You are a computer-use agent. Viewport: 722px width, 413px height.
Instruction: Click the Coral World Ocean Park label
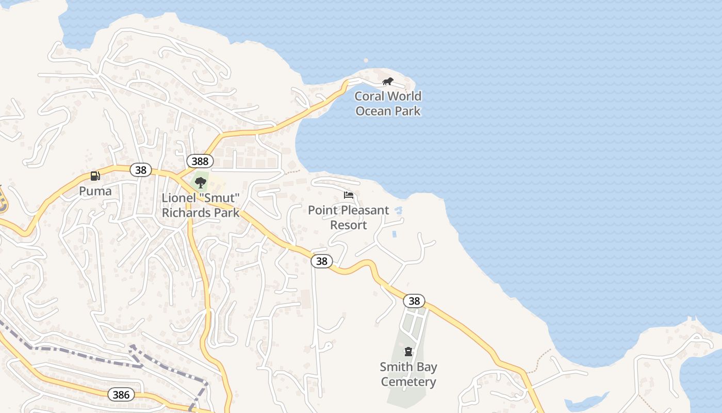pyautogui.click(x=388, y=103)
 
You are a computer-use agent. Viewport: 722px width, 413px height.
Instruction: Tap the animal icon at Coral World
pyautogui.click(x=388, y=81)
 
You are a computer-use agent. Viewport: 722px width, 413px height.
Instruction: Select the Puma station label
pyautogui.click(x=95, y=191)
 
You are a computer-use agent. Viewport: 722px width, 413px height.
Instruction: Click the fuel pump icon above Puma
pyautogui.click(x=95, y=176)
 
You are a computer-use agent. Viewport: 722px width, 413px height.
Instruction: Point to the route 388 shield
pyautogui.click(x=199, y=162)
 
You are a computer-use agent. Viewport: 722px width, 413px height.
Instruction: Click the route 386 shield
pyautogui.click(x=121, y=395)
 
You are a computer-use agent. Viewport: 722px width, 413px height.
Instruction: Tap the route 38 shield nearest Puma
pyautogui.click(x=140, y=169)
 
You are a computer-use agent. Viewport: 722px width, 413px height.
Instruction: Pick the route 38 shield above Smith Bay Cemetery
pyautogui.click(x=414, y=301)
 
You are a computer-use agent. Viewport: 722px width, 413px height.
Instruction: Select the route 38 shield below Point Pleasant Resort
pyautogui.click(x=321, y=261)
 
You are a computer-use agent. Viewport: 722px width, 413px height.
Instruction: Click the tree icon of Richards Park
pyautogui.click(x=200, y=182)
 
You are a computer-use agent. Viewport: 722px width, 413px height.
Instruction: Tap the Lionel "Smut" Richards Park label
pyautogui.click(x=201, y=205)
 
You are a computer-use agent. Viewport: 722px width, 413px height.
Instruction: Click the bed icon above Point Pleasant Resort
pyautogui.click(x=349, y=195)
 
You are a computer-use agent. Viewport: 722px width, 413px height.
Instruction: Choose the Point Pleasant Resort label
pyautogui.click(x=349, y=217)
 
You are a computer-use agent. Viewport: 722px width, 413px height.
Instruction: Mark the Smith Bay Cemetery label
pyautogui.click(x=408, y=374)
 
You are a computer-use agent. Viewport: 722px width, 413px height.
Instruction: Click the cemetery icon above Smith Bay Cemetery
pyautogui.click(x=408, y=352)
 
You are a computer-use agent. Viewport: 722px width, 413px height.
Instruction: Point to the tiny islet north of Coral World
pyautogui.click(x=366, y=60)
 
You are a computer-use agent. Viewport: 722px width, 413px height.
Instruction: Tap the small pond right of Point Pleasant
pyautogui.click(x=398, y=211)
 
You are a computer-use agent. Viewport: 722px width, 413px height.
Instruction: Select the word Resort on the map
pyautogui.click(x=349, y=225)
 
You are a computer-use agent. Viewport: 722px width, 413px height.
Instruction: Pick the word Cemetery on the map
pyautogui.click(x=408, y=382)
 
